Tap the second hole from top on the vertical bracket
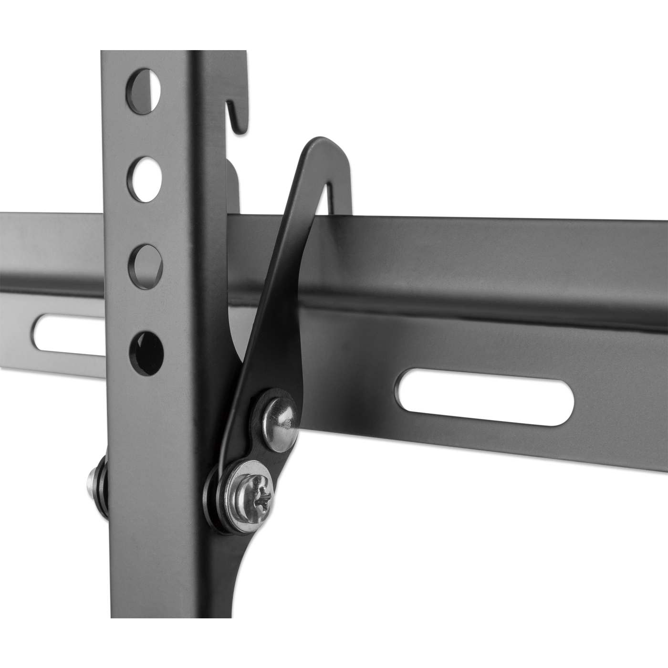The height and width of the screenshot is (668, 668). click(144, 177)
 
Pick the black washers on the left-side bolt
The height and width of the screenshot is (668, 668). click(101, 488)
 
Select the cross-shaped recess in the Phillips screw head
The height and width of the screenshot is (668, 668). click(262, 498)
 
